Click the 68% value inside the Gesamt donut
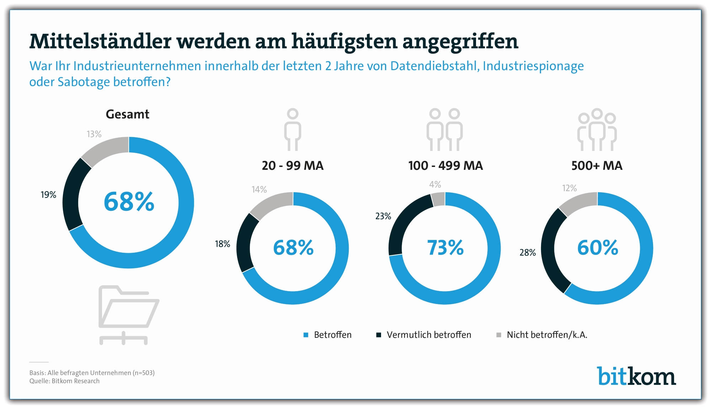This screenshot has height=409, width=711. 129,202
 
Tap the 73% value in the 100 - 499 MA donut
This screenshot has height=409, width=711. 445,248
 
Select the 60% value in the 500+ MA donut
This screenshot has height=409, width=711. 598,248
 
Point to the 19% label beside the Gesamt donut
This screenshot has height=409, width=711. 48,195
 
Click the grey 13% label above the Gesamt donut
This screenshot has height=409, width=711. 94,134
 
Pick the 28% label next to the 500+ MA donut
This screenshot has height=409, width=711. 528,253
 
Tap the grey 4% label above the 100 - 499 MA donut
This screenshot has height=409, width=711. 435,184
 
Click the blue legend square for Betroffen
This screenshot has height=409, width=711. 306,335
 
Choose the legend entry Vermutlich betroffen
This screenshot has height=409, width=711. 429,335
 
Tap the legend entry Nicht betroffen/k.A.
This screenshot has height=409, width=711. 547,335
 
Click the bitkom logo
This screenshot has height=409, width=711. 636,376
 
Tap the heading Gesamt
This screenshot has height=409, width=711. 127,114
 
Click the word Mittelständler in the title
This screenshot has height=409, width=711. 101,42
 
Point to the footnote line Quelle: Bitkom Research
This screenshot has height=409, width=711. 64,381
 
